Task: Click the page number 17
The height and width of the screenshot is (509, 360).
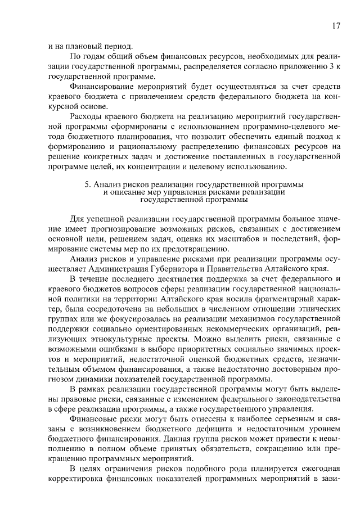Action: pyautogui.click(x=336, y=26)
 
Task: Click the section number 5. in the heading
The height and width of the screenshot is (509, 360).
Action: pyautogui.click(x=87, y=184)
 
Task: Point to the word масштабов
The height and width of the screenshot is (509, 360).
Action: pyautogui.click(x=236, y=240)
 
